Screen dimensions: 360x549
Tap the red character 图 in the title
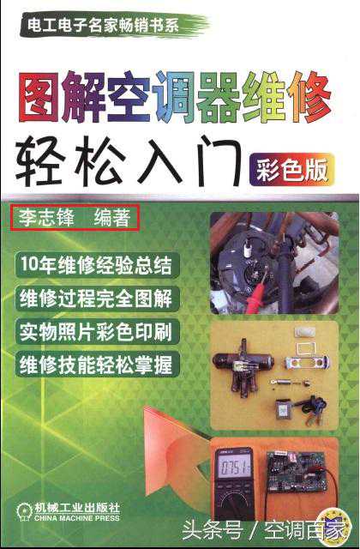pos(39,97)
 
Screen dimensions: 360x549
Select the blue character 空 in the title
pos(129,96)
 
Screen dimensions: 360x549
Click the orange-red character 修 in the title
pos(309,97)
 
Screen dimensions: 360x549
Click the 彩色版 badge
pos(292,170)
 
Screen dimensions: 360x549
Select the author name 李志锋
pos(46,217)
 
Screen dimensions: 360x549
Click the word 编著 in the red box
pos(112,217)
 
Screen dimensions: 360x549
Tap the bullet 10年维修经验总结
pos(97,264)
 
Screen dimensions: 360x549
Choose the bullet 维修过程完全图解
pos(97,298)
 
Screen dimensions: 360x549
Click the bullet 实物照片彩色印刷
pos(97,331)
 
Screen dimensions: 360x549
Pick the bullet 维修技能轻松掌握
pos(97,364)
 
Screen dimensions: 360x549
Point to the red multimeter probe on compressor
pos(255,298)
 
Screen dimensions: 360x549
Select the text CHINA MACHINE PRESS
pos(77,517)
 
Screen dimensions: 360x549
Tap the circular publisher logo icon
pos(24,511)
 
